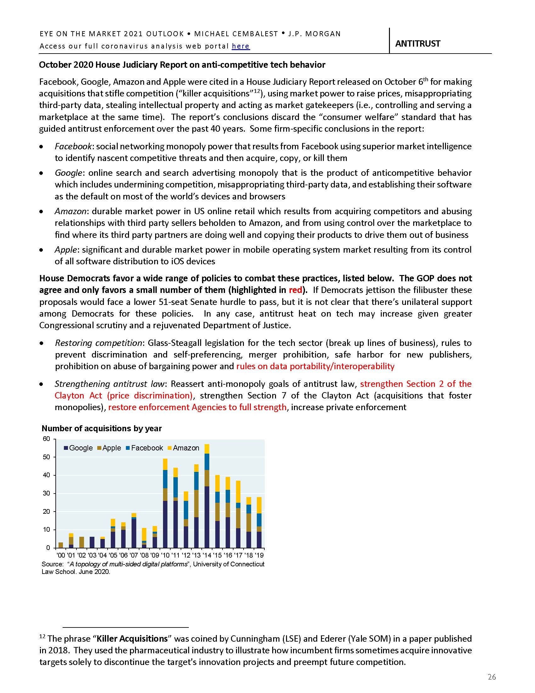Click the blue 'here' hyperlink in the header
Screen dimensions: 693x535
[x=240, y=46]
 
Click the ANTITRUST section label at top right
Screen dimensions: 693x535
[x=417, y=43]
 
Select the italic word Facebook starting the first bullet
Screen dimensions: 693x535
[x=73, y=146]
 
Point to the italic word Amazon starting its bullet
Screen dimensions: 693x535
[x=70, y=211]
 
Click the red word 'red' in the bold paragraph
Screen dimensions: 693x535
[x=296, y=290]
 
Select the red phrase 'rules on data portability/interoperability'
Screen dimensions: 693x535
[x=315, y=366]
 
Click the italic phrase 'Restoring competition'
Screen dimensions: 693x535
[x=98, y=343]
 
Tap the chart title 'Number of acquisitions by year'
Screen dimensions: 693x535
[x=102, y=428]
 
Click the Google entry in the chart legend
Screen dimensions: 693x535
[x=78, y=448]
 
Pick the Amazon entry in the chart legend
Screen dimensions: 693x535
[x=183, y=448]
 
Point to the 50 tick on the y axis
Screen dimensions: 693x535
[x=46, y=457]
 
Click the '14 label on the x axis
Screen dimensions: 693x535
[x=207, y=555]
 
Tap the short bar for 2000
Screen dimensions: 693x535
[x=60, y=545]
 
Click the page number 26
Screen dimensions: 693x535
[x=492, y=677]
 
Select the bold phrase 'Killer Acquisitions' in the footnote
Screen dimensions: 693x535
[x=132, y=639]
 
